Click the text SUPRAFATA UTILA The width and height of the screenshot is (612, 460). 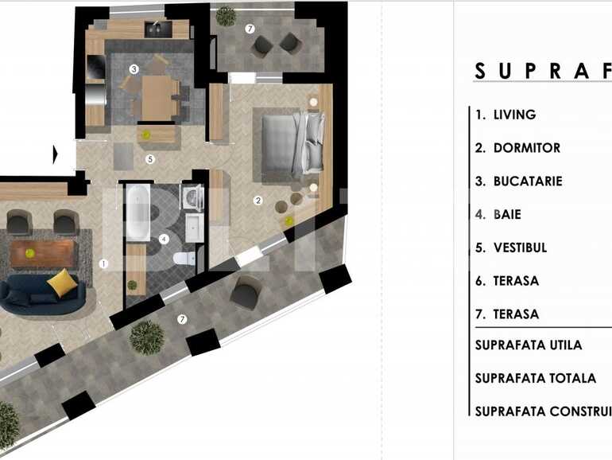[x=529, y=345]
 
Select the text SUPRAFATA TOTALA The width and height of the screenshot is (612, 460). [x=535, y=378]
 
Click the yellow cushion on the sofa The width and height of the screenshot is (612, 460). [x=60, y=282]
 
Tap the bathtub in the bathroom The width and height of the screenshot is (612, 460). [x=138, y=212]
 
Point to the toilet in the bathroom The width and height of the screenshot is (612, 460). [x=182, y=259]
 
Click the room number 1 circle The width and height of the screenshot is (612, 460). [x=103, y=263]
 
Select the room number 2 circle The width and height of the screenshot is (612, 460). [x=258, y=201]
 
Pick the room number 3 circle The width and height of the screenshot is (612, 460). [x=134, y=69]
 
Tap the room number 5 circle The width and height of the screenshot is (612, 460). [x=149, y=159]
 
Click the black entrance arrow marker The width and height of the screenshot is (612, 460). [x=57, y=154]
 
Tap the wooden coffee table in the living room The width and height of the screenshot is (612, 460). [x=43, y=253]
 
